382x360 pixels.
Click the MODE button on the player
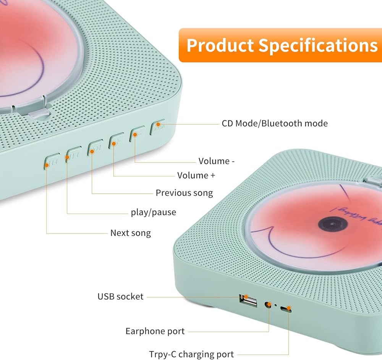tap(158, 126)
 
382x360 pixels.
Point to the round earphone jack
tap(269, 305)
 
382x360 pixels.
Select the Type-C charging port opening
tap(286, 308)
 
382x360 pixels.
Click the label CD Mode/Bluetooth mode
tap(275, 123)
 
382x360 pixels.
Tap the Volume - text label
tap(217, 161)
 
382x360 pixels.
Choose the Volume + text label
tap(196, 175)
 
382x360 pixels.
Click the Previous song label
tap(184, 193)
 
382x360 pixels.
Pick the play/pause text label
tap(154, 212)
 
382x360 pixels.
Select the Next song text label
tap(131, 233)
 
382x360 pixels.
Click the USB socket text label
tap(120, 296)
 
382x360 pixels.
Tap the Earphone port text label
tap(155, 331)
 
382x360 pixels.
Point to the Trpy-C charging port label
tap(191, 354)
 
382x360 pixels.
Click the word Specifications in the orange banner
tap(318, 45)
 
